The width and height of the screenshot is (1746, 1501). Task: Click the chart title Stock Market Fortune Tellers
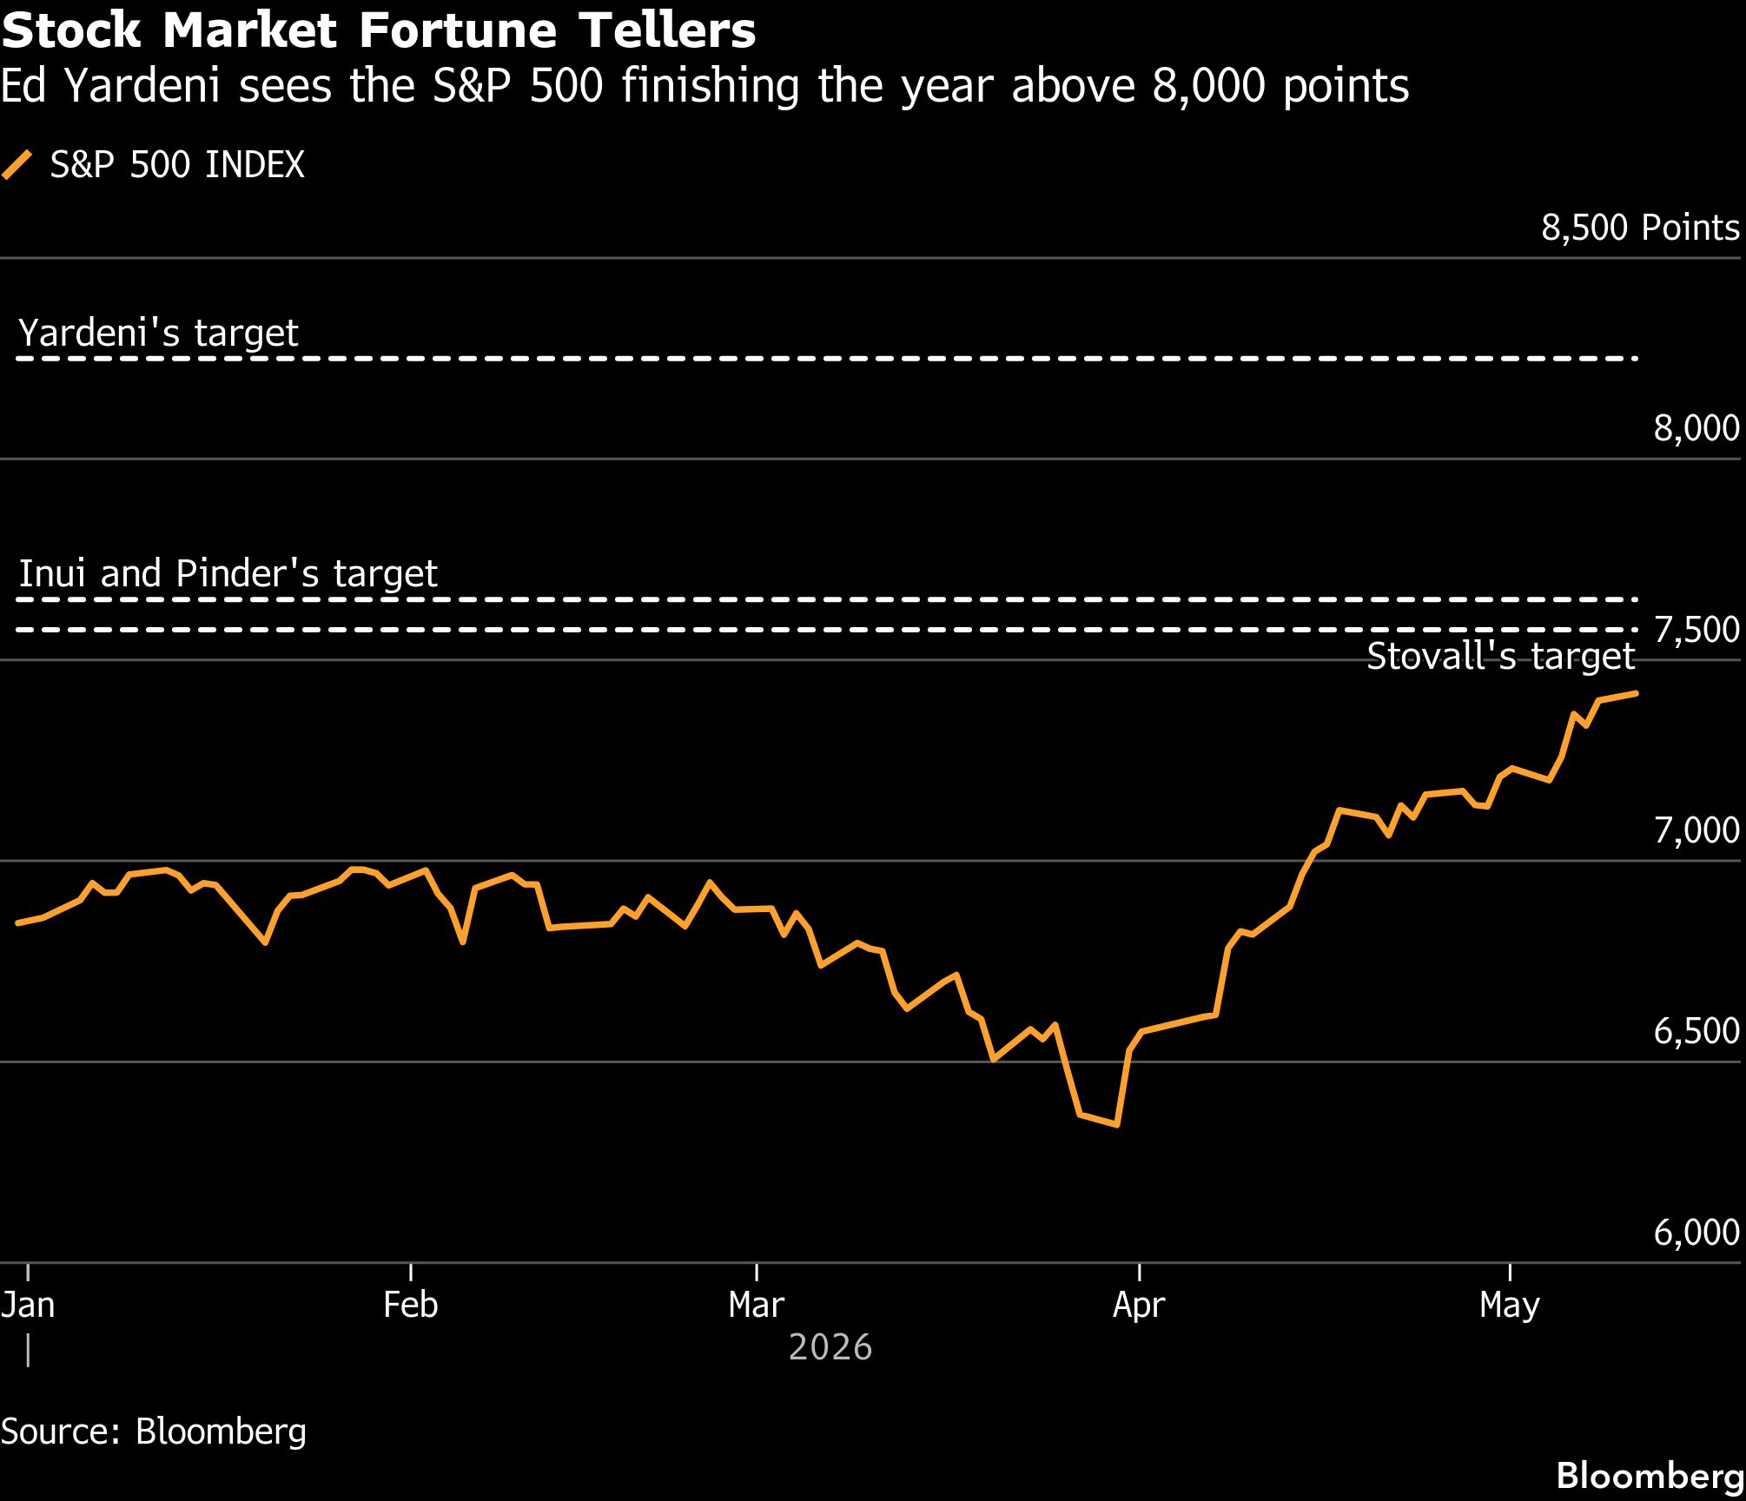[379, 31]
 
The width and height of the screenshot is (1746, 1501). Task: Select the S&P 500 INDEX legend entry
[154, 165]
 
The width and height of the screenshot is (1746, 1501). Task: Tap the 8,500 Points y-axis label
[1640, 228]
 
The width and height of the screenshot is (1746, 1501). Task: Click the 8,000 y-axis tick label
[1696, 428]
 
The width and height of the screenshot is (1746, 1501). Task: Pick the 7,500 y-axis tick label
[1696, 630]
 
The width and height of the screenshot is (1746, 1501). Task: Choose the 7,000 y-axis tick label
[1696, 830]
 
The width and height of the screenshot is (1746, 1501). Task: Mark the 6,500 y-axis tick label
[1696, 1031]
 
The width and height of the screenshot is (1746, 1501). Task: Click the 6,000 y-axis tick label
[1696, 1233]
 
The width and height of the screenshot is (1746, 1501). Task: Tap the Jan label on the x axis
[28, 1305]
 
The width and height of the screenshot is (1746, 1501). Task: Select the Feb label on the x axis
[410, 1305]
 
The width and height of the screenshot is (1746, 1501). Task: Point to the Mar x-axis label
[757, 1305]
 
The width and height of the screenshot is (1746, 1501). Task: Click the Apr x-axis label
[1139, 1306]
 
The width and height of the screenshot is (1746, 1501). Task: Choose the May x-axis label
[1510, 1306]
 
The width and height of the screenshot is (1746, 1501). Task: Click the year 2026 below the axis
[830, 1347]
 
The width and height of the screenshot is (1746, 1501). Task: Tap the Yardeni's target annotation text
[158, 334]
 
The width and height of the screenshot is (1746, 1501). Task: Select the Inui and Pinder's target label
[228, 574]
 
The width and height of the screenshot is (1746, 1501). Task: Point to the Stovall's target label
[1501, 657]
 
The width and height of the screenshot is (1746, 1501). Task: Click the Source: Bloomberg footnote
[154, 1432]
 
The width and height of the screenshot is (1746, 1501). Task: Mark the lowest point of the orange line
[1116, 1125]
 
